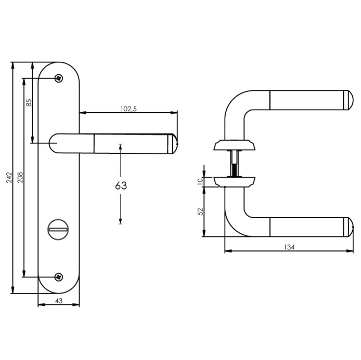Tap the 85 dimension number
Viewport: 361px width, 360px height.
pos(29,103)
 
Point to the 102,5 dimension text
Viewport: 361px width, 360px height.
pos(128,109)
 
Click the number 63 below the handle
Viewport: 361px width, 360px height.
pos(121,185)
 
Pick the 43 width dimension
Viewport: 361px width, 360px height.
pos(58,301)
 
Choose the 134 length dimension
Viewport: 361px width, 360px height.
pos(289,247)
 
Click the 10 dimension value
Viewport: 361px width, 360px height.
pos(200,181)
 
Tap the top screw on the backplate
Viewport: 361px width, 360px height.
pos(59,78)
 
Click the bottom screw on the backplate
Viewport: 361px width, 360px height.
pos(59,277)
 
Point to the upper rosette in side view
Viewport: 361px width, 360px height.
pos(234,144)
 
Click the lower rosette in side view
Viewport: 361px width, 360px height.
pos(234,181)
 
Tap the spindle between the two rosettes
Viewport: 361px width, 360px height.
pos(235,162)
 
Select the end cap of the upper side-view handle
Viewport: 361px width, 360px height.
pos(349,100)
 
